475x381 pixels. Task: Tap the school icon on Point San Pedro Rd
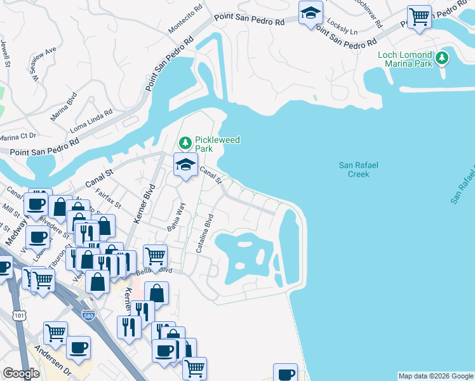pyautogui.click(x=311, y=13)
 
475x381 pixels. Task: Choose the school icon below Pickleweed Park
pyautogui.click(x=185, y=166)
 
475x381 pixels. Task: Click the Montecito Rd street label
pyautogui.click(x=185, y=23)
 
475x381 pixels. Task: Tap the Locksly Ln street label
pyautogui.click(x=345, y=30)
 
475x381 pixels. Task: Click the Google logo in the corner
pyautogui.click(x=21, y=373)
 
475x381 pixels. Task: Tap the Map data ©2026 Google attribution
pyautogui.click(x=435, y=376)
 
